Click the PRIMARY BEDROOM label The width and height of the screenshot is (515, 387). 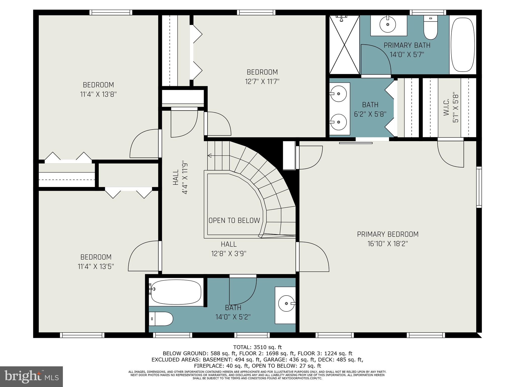[x=388, y=234]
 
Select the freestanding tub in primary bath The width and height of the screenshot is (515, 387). [x=463, y=45]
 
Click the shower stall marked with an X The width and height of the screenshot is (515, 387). [x=344, y=45]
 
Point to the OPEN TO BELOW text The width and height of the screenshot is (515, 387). [x=234, y=220]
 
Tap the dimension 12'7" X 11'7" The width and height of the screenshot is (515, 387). [x=262, y=82]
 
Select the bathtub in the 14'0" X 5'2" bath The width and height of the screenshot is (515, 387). [x=176, y=292]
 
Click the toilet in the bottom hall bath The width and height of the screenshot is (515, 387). [x=161, y=319]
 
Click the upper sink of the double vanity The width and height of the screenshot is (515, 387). [x=338, y=93]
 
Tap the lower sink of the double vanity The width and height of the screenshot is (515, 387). [x=338, y=122]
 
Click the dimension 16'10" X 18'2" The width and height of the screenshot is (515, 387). [x=388, y=244]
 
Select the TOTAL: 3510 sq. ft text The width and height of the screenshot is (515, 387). [x=257, y=347]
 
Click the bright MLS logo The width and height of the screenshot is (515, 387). [x=31, y=377]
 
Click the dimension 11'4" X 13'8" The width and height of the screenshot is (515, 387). [x=98, y=94]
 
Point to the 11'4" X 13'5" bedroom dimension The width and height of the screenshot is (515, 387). [x=96, y=267]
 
